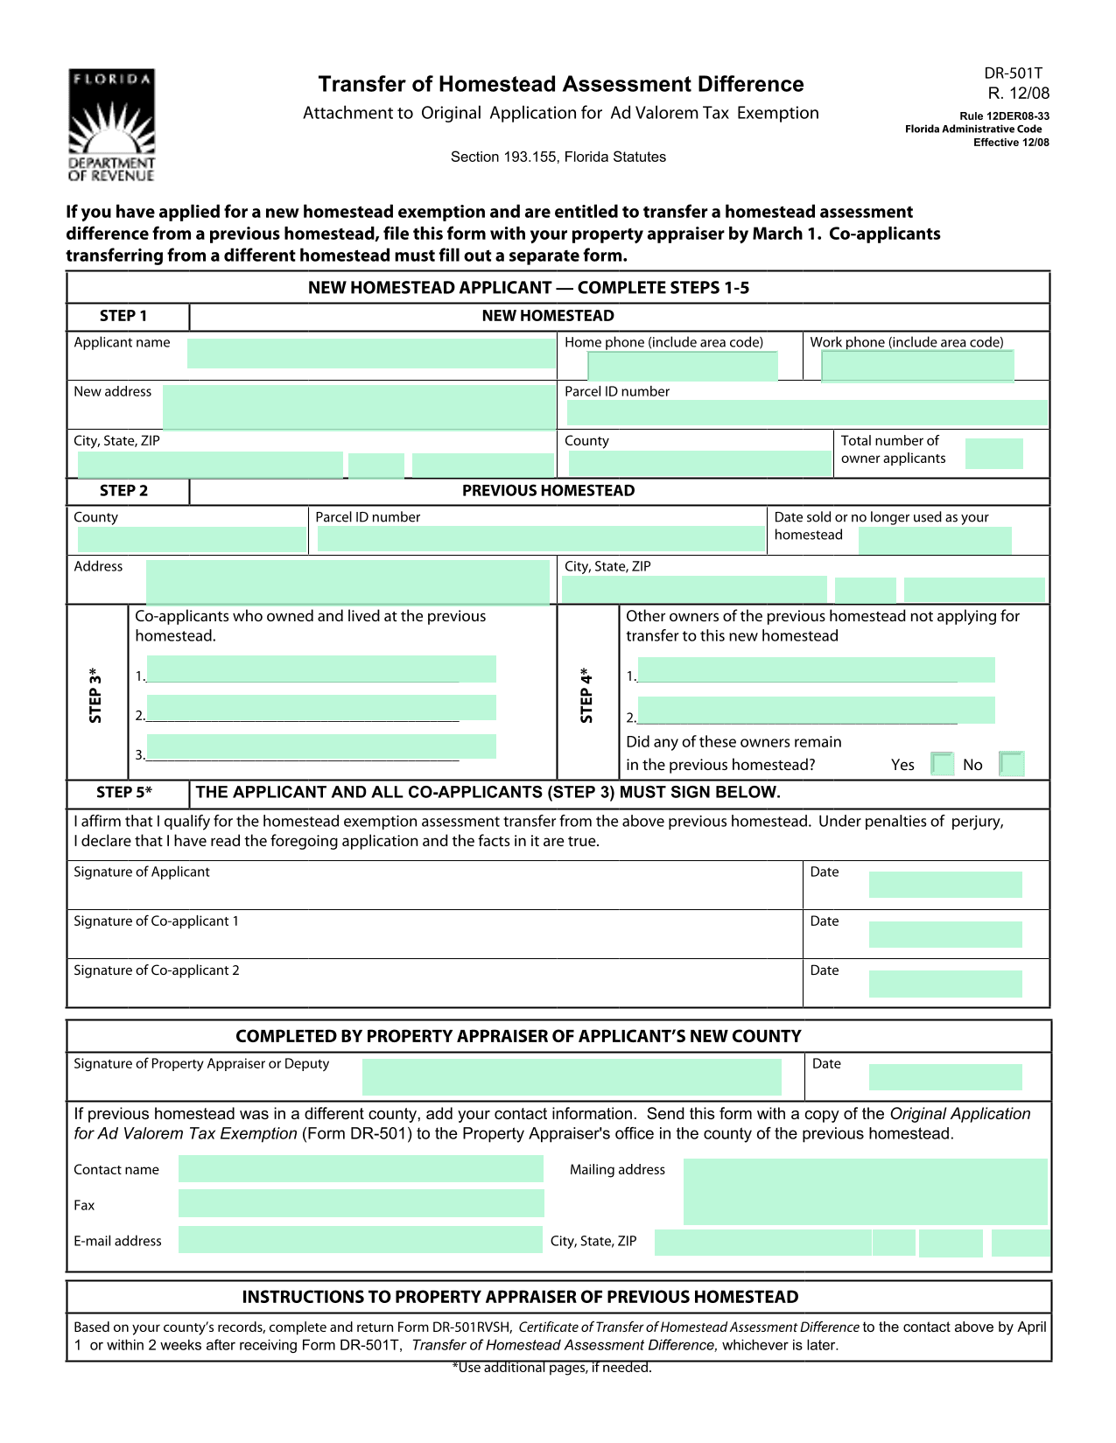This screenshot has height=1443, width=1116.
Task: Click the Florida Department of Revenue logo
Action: pos(112,125)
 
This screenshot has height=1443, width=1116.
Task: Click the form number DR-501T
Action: pos(1013,74)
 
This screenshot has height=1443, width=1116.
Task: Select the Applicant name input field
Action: pos(371,354)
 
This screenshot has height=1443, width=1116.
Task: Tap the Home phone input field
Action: pos(683,366)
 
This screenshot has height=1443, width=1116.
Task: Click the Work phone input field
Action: pos(917,366)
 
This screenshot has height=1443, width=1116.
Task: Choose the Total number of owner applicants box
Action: pos(993,453)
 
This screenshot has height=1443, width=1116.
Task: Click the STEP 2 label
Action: pos(124,491)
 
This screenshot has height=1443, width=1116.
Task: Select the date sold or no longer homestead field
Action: pos(935,540)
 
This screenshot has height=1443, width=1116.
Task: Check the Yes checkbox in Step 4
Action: pos(943,764)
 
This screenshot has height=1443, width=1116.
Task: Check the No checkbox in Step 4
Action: pos(1011,764)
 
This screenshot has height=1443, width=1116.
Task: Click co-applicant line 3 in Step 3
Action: pos(320,746)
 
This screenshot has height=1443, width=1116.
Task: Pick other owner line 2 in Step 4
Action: pos(816,710)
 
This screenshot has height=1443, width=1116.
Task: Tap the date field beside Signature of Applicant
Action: pos(945,885)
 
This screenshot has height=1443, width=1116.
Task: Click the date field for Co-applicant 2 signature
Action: pos(945,984)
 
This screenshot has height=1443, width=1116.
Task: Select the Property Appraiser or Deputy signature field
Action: pos(572,1077)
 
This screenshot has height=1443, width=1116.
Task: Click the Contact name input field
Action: pos(361,1169)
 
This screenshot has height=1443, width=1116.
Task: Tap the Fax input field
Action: pos(361,1204)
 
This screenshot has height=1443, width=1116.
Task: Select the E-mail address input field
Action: pos(361,1240)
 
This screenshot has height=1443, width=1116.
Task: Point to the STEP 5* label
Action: pos(124,793)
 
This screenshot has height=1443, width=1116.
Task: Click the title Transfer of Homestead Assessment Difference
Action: pos(561,84)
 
